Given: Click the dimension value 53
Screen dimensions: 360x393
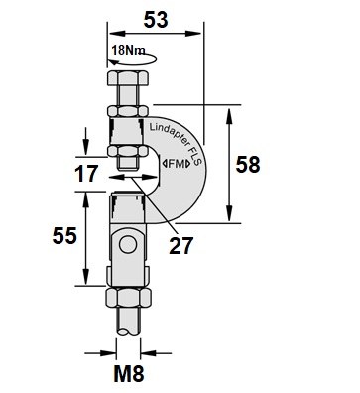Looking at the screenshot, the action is (156, 20).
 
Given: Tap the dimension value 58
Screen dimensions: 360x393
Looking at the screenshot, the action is (248, 165).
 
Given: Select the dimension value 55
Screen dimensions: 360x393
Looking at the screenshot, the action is (64, 236).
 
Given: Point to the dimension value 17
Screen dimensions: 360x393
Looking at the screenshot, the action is (86, 174).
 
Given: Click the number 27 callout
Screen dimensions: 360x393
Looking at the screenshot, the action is (180, 246).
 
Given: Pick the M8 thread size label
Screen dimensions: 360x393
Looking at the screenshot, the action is (129, 374).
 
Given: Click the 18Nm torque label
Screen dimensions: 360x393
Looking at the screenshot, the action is (128, 50).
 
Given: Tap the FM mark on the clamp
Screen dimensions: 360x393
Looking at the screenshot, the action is (177, 164).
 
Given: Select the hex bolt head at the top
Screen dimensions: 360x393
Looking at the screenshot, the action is (127, 78).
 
